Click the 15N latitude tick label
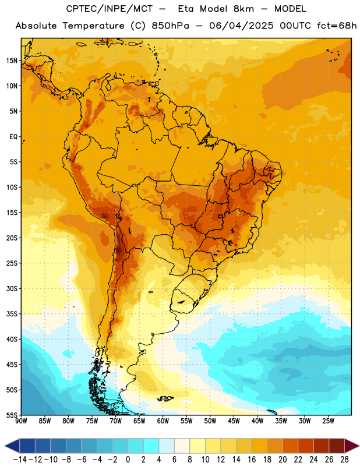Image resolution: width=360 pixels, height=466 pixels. pyautogui.click(x=12, y=61)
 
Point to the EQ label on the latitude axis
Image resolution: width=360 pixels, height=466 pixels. pyautogui.click(x=13, y=137)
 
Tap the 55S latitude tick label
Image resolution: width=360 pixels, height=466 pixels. pyautogui.click(x=12, y=415)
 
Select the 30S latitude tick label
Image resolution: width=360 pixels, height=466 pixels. pyautogui.click(x=12, y=288)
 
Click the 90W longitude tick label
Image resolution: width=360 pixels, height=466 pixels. pyautogui.click(x=21, y=421)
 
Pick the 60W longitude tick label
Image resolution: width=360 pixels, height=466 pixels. pyautogui.click(x=163, y=421)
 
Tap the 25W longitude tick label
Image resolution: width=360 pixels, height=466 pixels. pyautogui.click(x=328, y=421)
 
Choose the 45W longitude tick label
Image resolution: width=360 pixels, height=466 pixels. pyautogui.click(x=234, y=421)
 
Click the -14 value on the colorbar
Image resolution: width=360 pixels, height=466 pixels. pyautogui.click(x=20, y=460)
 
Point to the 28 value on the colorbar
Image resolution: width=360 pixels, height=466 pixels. pyautogui.click(x=344, y=460)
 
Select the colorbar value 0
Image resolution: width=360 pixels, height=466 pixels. pyautogui.click(x=128, y=460)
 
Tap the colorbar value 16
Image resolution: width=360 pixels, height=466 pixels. pyautogui.click(x=252, y=460)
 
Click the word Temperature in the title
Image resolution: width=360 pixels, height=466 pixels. pyautogui.click(x=93, y=26)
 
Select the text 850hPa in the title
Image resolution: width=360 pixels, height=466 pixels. pyautogui.click(x=170, y=26)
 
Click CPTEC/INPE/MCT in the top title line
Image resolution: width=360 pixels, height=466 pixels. pyautogui.click(x=109, y=9)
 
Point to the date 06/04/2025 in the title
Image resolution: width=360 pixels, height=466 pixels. pyautogui.click(x=241, y=26)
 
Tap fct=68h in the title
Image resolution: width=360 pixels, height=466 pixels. pyautogui.click(x=337, y=26)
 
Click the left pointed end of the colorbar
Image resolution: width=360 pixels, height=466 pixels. pyautogui.click(x=5, y=446)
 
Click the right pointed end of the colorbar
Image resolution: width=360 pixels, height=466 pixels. pyautogui.click(x=358, y=446)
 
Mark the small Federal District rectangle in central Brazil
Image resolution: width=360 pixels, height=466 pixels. pyautogui.click(x=221, y=216)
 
